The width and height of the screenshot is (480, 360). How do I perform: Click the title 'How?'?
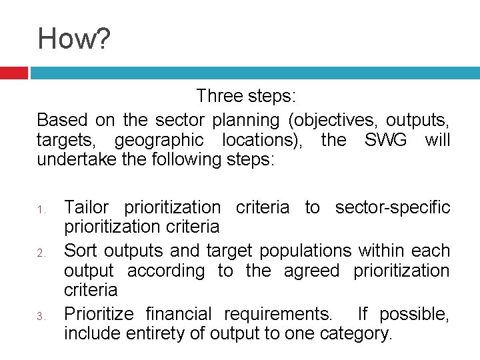click(x=74, y=39)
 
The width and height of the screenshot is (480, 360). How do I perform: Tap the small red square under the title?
click(x=13, y=73)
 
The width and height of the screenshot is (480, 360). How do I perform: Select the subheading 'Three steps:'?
click(x=245, y=97)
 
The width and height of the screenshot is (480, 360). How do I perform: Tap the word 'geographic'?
click(x=159, y=141)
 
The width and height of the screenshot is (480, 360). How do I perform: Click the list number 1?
click(x=41, y=211)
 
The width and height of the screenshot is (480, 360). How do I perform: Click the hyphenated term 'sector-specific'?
click(x=393, y=207)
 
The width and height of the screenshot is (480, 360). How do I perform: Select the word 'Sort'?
click(x=81, y=251)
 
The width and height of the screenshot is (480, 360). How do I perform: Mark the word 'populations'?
click(x=305, y=251)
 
